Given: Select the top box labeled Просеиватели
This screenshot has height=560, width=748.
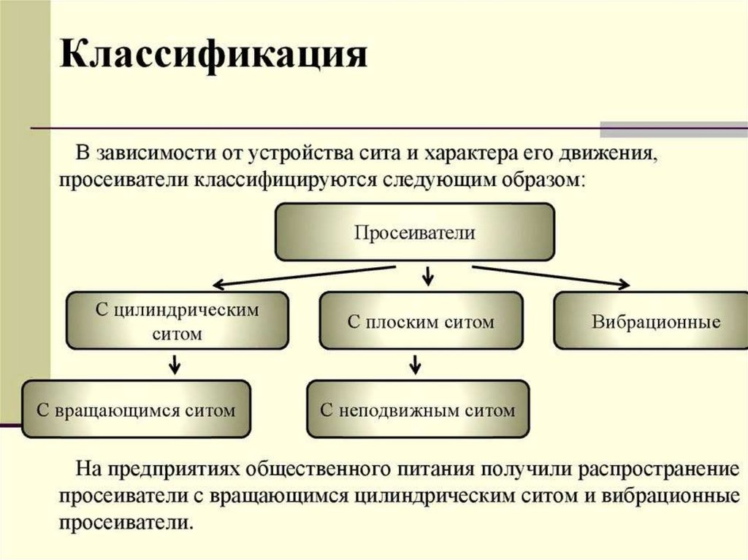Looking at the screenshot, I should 414,233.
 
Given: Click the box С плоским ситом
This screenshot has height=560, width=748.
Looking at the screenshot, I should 421,321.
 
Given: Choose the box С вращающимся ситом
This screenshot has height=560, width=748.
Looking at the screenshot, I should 137,410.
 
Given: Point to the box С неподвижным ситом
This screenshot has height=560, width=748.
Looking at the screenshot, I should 417,410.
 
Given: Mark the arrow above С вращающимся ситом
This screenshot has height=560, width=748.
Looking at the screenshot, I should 175,363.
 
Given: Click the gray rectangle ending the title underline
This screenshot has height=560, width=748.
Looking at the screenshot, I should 673,129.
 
